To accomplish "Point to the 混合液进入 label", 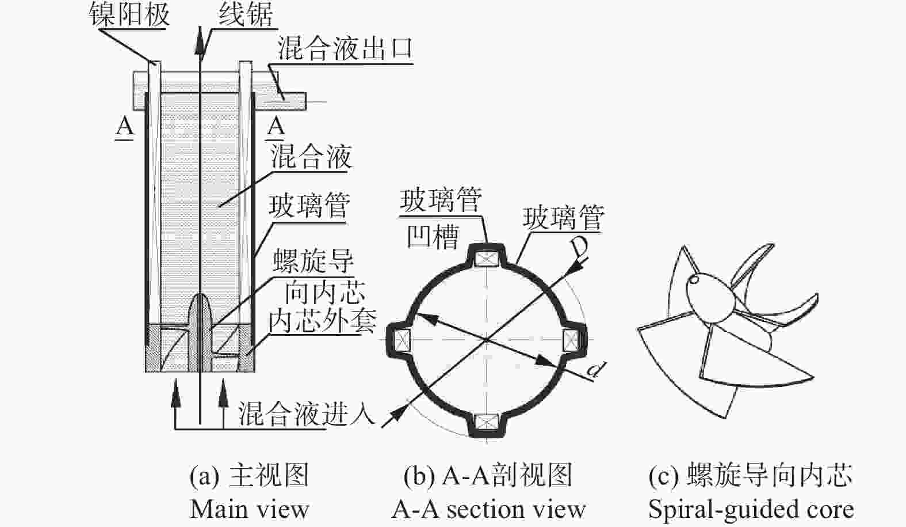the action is pyautogui.click(x=306, y=413).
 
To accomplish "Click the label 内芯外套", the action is pyautogui.click(x=322, y=321).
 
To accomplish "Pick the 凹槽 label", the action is pyautogui.click(x=433, y=236).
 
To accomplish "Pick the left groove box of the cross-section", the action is pyautogui.click(x=402, y=339).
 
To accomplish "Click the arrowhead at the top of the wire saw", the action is pyautogui.click(x=200, y=40).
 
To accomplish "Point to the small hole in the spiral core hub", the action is pyautogui.click(x=694, y=279).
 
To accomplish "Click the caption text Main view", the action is pyautogui.click(x=250, y=510).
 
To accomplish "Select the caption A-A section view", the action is pyautogui.click(x=488, y=510).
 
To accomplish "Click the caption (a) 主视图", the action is pyautogui.click(x=250, y=475).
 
